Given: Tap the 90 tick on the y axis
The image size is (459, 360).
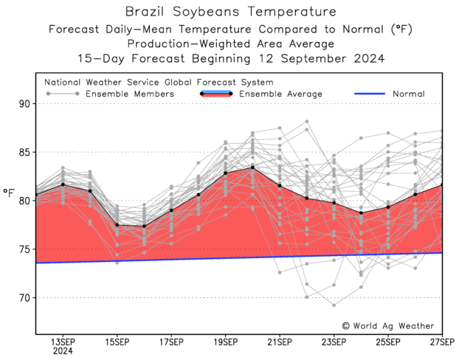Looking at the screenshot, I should (24, 104).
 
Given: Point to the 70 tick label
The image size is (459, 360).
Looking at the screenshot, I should (24, 298).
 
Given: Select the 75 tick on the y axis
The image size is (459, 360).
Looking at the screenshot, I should (24, 249).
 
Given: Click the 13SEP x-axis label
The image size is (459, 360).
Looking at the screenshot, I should (62, 342).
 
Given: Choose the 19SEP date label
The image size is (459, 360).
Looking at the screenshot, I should (225, 342).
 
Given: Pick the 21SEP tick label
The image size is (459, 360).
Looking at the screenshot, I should (280, 342).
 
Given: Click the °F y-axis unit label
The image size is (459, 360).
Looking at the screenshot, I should (9, 194).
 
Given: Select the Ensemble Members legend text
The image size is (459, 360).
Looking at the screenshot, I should (130, 94).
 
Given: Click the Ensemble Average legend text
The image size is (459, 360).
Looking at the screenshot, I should (280, 94).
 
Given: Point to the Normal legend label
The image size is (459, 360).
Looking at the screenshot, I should (407, 94).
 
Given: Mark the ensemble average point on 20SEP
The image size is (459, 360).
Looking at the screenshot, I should (252, 167).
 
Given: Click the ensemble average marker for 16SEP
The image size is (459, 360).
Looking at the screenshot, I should (144, 226).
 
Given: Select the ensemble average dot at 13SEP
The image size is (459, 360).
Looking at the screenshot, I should (62, 184).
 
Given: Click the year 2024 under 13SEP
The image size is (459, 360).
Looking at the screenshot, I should (62, 351).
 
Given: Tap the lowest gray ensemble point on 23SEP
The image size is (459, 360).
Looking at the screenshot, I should (334, 305).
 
